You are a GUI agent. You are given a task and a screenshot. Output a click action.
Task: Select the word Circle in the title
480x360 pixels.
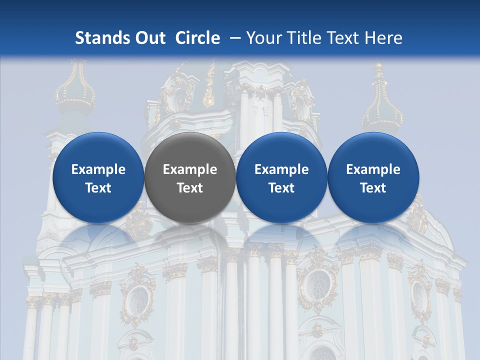pyautogui.click(x=197, y=38)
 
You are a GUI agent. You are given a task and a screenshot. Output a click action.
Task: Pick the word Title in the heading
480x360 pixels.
pyautogui.click(x=304, y=38)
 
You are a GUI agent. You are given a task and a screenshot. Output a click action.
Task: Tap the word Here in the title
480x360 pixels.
pyautogui.click(x=383, y=38)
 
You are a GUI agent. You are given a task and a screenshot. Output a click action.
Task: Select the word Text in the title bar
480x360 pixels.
pyautogui.click(x=342, y=38)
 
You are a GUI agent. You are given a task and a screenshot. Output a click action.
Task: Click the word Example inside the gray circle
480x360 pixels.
pyautogui.click(x=190, y=169)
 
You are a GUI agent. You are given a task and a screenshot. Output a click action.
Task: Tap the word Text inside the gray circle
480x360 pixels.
pyautogui.click(x=190, y=188)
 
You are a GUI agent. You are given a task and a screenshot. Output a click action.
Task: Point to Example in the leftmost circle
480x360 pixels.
pyautogui.click(x=98, y=169)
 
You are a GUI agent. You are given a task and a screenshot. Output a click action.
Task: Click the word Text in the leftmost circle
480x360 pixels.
pyautogui.click(x=98, y=188)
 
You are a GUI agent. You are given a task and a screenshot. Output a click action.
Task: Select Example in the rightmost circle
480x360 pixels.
pyautogui.click(x=373, y=169)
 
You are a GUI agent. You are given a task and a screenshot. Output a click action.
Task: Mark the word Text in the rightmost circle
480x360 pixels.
pyautogui.click(x=373, y=188)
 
